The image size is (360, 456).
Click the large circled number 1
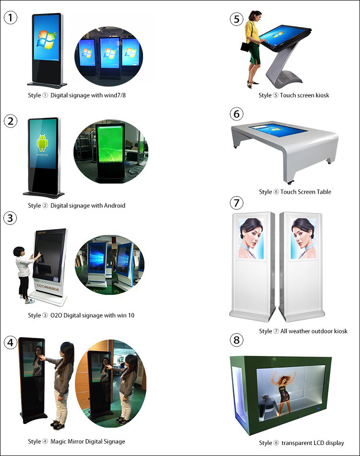(11, 17)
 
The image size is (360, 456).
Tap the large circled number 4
(11, 342)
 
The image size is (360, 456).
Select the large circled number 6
(237, 114)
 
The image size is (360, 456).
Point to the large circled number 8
(237, 339)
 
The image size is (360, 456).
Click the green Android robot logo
(42, 143)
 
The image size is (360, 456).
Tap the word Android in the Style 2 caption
(115, 206)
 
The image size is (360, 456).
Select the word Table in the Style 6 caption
(324, 192)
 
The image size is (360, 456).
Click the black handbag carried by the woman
(245, 47)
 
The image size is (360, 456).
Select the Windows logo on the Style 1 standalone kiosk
(46, 40)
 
